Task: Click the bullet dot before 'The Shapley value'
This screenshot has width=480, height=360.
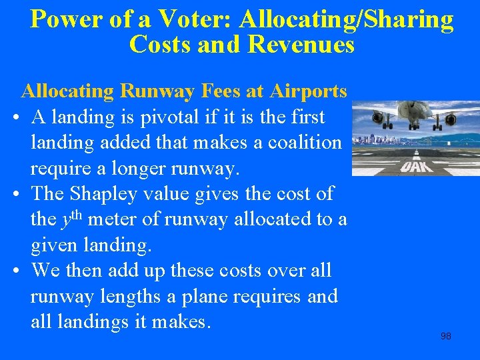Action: coord(15,194)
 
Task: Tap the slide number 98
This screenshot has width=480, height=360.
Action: coord(446,336)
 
